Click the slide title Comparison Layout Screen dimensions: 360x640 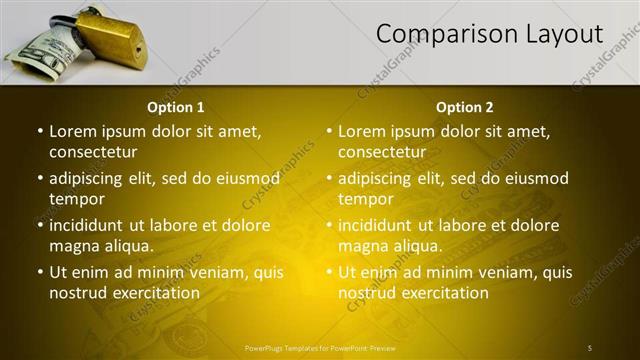489,35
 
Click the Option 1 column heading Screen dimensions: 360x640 176,107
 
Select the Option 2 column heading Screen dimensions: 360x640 465,107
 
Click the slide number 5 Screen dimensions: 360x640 590,347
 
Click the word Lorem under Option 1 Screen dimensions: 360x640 74,131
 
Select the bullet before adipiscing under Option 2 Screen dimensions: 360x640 328,179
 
